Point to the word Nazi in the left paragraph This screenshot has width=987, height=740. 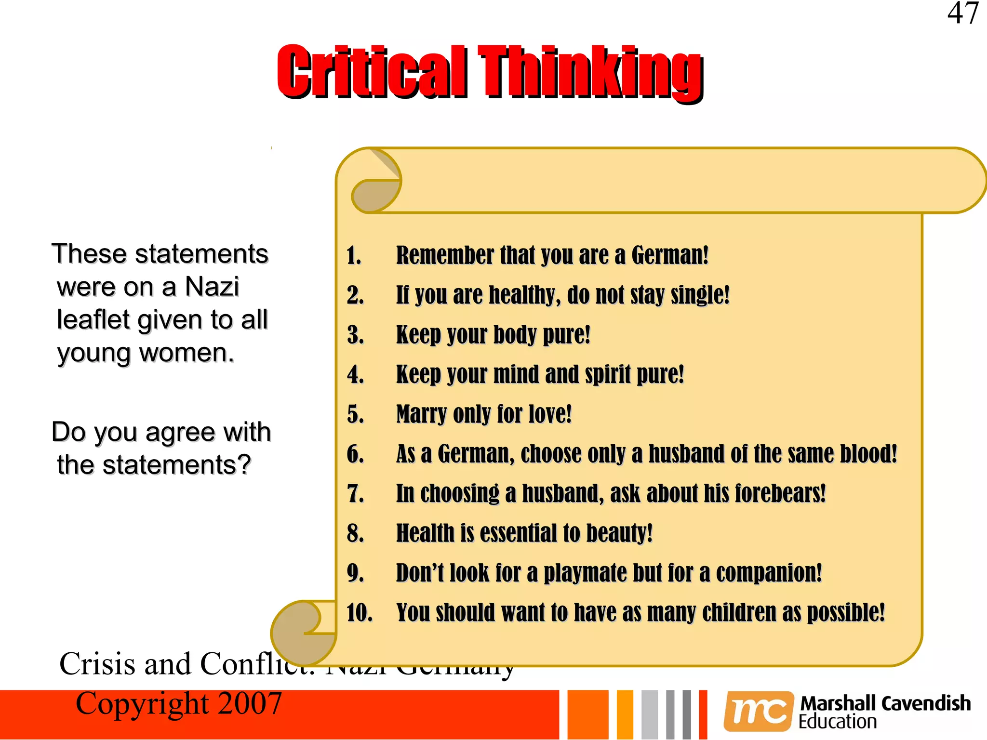212,287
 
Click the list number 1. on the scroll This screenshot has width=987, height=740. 354,255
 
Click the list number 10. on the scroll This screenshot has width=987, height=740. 360,613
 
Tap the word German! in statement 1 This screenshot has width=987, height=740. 670,255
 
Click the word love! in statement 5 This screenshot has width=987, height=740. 550,414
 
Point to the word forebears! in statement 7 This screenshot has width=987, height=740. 780,493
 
